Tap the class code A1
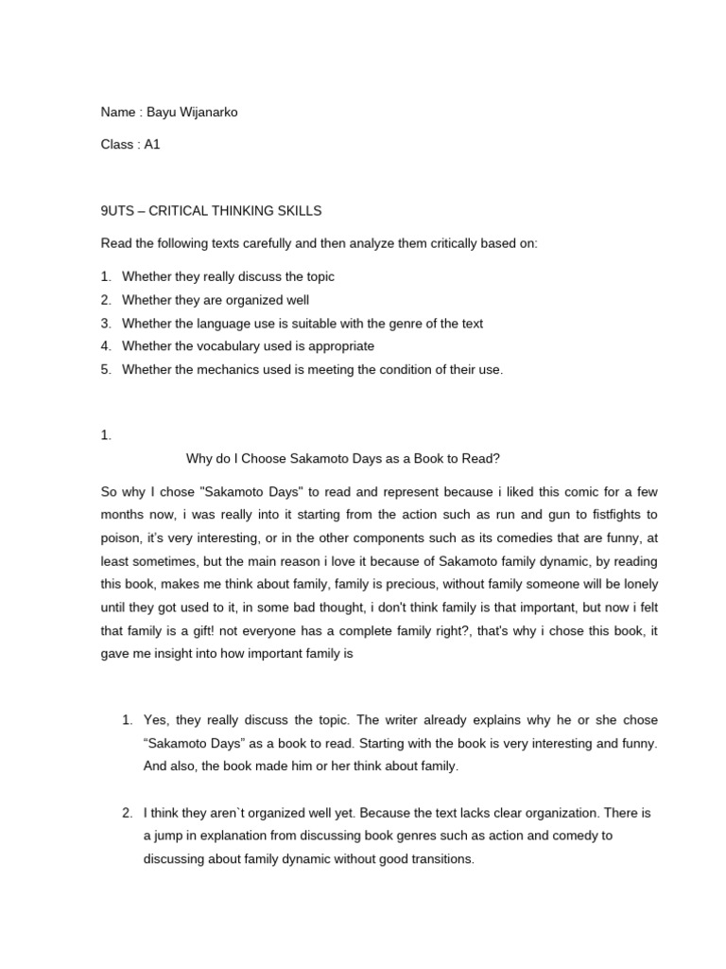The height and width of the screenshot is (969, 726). [x=152, y=146]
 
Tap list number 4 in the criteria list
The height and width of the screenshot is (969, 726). [x=106, y=346]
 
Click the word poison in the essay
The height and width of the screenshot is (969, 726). [x=121, y=537]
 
